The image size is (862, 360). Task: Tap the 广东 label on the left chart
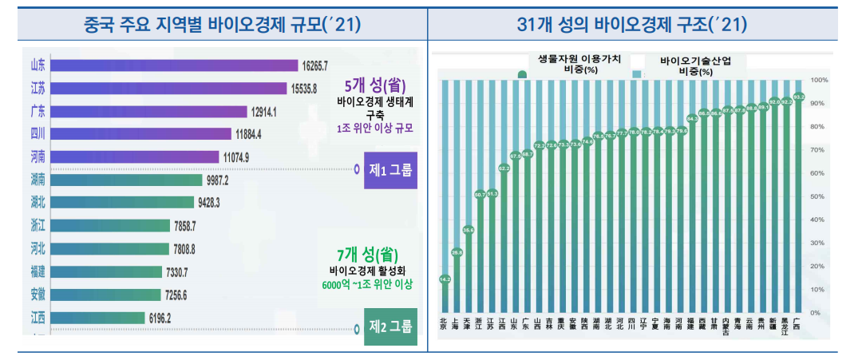(x=37, y=110)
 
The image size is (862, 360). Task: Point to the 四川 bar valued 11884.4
(x=141, y=133)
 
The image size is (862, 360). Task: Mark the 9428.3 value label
(x=226, y=203)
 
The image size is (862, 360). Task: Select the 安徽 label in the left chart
(x=37, y=295)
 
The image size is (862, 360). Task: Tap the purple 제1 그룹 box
(x=390, y=171)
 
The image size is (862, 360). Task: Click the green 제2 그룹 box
(x=390, y=326)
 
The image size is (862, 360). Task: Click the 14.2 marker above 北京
(x=445, y=279)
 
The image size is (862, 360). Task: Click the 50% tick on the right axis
(x=818, y=196)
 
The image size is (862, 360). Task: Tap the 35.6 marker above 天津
(x=468, y=230)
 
